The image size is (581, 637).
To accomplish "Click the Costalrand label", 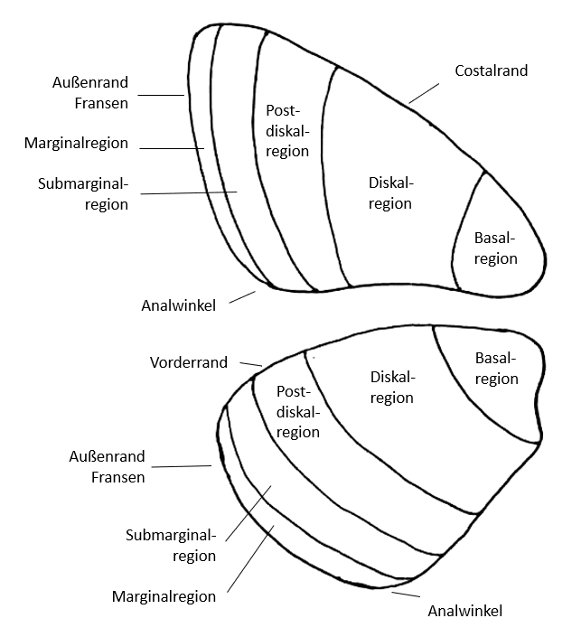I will tap(491, 70).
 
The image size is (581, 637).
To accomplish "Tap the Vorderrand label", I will tap(188, 362).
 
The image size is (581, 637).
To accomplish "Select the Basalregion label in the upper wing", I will tap(496, 248).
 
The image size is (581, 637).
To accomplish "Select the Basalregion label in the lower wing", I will tap(496, 368).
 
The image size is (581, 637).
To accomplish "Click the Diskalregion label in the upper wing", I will tap(390, 193).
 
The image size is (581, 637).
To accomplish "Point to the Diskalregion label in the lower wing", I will tap(392, 387).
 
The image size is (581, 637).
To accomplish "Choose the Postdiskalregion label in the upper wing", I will tap(287, 130).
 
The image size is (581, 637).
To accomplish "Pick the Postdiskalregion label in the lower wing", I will tap(298, 412).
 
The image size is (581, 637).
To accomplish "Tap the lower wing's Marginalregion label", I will tap(164, 596).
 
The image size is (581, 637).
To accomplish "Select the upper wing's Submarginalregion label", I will tap(83, 194).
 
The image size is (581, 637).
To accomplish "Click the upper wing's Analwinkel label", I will tap(178, 305).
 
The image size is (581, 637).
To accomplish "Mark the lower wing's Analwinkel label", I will tap(464, 611).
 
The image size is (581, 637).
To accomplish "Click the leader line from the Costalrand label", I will tap(424, 91).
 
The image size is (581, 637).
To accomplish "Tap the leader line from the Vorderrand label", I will tap(250, 363).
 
